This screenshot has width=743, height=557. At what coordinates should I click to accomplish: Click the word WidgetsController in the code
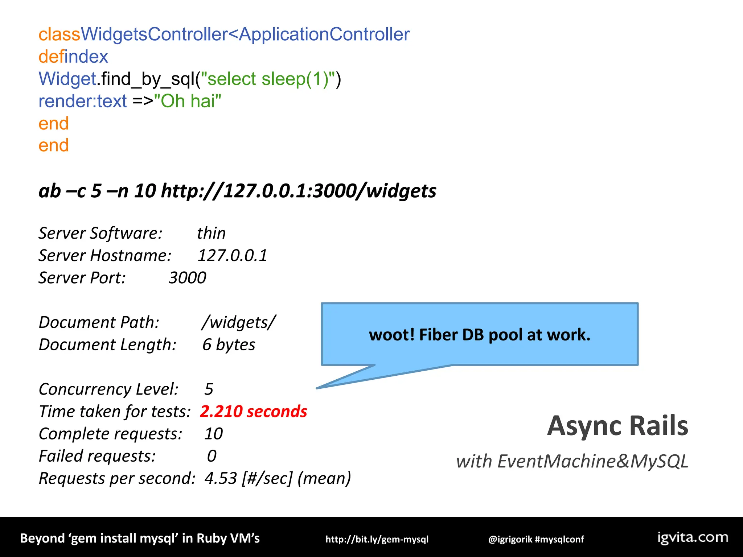pos(154,34)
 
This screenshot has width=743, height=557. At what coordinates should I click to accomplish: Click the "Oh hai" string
pos(188,101)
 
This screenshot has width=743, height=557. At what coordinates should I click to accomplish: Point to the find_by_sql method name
pos(148,79)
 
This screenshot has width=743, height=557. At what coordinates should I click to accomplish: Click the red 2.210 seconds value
pos(253,412)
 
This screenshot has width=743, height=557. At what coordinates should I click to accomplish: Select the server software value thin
pos(211,233)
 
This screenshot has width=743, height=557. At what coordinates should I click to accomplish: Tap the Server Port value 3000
pos(187,278)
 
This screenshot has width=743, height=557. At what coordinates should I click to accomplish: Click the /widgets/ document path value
pos(239,322)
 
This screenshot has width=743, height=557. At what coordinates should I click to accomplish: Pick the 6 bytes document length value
pos(229,344)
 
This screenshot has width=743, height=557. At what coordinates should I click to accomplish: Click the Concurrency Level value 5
pos(209,389)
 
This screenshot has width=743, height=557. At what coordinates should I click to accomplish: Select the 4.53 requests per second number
pos(221,478)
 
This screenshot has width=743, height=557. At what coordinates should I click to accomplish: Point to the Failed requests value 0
pos(212,456)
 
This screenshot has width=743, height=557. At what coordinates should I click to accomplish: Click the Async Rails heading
pos(617,426)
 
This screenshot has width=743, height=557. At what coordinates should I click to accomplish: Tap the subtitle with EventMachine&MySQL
pos(572,461)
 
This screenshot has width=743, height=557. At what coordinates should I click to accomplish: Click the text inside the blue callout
pos(480,335)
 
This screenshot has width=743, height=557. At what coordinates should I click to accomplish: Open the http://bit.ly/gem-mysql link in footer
pos(377,539)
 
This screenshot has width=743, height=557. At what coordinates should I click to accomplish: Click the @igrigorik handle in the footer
pos(510,539)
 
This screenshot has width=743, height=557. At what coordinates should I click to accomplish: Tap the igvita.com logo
pos(693,537)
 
